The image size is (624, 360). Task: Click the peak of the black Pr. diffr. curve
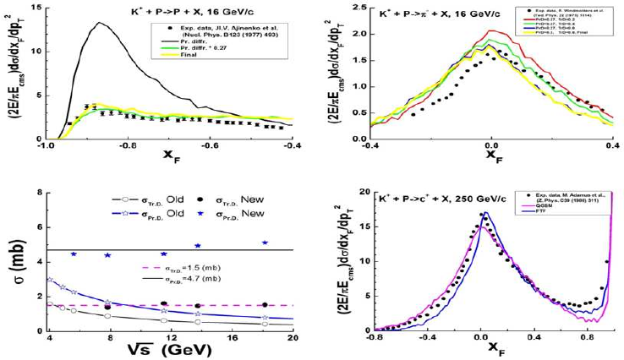[x=99, y=24]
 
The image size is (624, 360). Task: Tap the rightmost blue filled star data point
[x=265, y=243]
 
